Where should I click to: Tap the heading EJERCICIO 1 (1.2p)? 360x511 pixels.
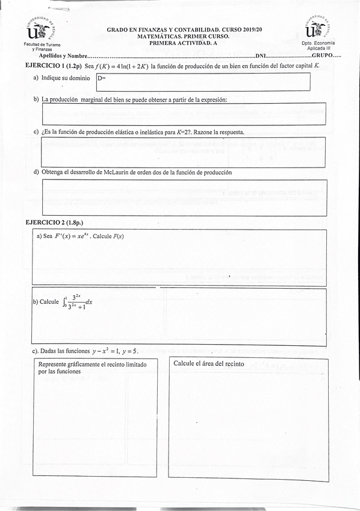[x=52, y=65]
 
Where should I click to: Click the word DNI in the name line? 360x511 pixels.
[x=261, y=55]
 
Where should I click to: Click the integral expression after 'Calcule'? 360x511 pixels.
[x=78, y=302]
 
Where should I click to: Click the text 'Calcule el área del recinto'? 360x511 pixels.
[x=208, y=364]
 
